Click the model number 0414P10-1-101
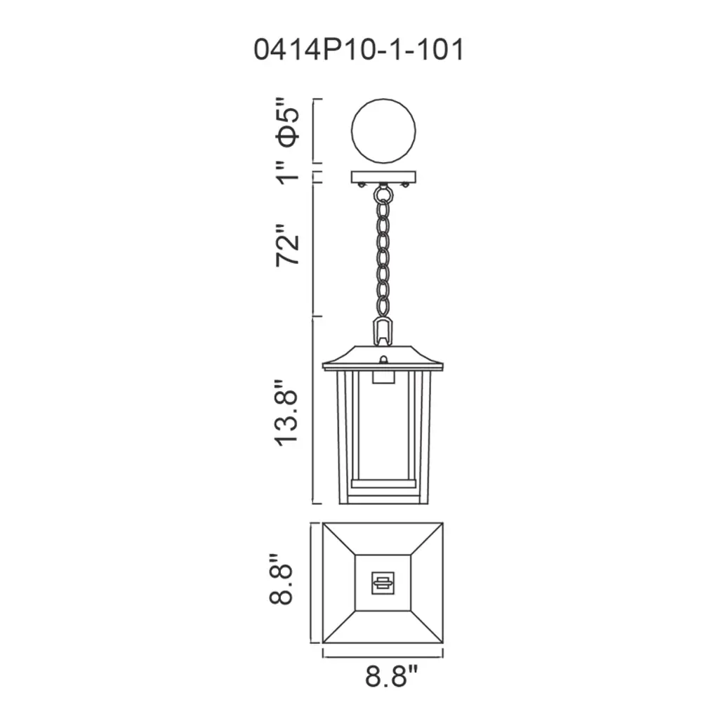[x=359, y=50]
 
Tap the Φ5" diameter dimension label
[x=287, y=122]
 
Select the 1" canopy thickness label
[x=288, y=173]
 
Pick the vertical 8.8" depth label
[x=281, y=579]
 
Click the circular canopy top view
[x=383, y=131]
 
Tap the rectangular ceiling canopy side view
[x=383, y=177]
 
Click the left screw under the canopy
[x=362, y=185]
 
